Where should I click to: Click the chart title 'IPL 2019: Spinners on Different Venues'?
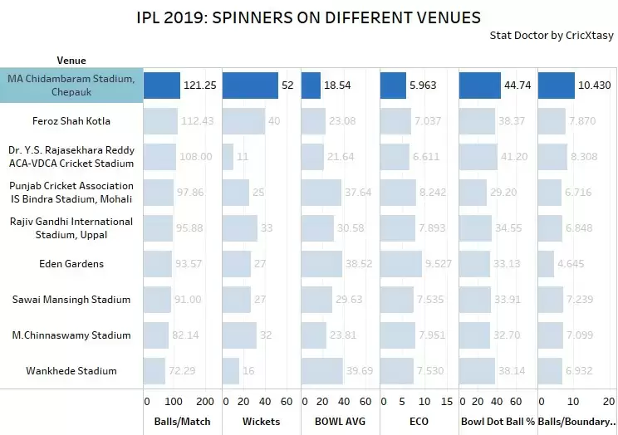(x=308, y=17)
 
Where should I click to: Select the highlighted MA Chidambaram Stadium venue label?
(x=71, y=85)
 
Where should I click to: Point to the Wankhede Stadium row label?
(x=71, y=371)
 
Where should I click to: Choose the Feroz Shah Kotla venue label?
(x=71, y=121)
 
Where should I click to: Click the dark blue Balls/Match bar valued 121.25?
(x=162, y=86)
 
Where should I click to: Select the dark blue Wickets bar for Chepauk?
(x=250, y=86)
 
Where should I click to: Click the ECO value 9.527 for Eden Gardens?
(x=419, y=264)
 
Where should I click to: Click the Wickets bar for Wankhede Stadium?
(x=231, y=371)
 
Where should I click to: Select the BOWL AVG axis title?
(x=339, y=421)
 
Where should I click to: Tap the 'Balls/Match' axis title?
(x=182, y=421)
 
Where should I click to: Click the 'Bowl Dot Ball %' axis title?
(x=498, y=421)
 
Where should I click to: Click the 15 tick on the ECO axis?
(x=446, y=402)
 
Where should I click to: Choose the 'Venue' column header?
(x=71, y=61)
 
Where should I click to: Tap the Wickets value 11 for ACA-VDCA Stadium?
(x=243, y=157)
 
